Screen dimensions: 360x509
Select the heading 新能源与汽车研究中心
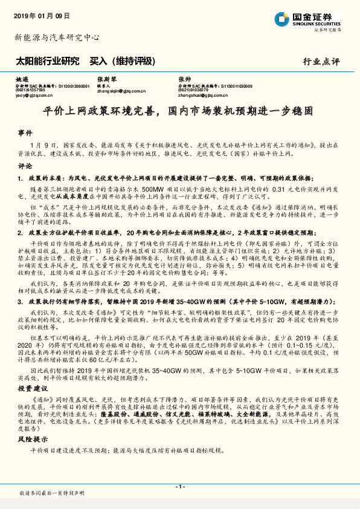57,37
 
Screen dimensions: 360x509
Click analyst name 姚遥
22,80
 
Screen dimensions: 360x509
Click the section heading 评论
25,164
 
